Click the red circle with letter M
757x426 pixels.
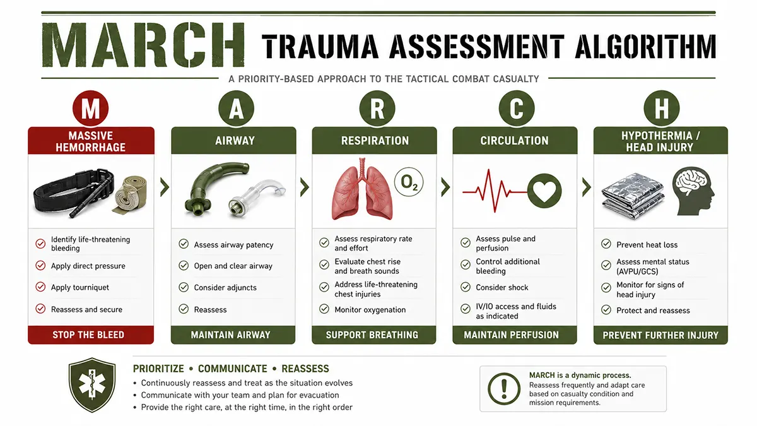pos(90,109)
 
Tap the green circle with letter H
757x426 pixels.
pos(661,109)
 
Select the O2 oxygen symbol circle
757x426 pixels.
pos(409,182)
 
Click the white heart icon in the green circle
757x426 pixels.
pos(544,191)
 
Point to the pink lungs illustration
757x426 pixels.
pos(362,189)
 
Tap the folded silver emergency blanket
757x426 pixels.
pos(633,196)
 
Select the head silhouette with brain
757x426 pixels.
pos(693,191)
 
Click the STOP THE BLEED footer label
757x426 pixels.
pos(88,334)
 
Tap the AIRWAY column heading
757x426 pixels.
pos(235,140)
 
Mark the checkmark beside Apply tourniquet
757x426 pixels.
pos(40,287)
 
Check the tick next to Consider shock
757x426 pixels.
pos(466,287)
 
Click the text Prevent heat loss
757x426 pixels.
pos(647,245)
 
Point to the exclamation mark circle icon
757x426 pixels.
pos(504,389)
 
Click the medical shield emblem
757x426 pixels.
pos(92,385)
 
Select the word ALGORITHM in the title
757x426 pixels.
pos(645,46)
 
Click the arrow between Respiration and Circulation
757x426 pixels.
pos(445,187)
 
